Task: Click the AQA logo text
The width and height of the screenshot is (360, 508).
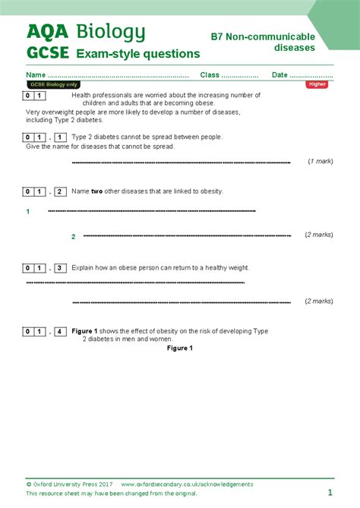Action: [x=46, y=31]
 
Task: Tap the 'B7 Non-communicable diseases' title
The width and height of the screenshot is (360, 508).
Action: [x=262, y=42]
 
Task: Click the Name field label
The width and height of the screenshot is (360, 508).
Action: [x=36, y=74]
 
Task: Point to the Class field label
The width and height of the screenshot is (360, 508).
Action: [x=210, y=74]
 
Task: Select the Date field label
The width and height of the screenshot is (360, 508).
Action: [x=279, y=74]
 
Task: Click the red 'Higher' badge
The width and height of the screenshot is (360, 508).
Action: [x=317, y=84]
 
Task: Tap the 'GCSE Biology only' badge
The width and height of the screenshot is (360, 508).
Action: [x=52, y=84]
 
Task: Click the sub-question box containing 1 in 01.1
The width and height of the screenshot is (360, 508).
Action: [x=61, y=137]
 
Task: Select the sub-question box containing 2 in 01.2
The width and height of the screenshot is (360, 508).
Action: [x=61, y=191]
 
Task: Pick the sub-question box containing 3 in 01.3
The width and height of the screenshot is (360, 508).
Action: [x=61, y=268]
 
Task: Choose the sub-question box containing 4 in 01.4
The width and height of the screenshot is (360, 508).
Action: [x=61, y=332]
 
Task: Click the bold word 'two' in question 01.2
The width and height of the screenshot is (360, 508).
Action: [x=96, y=191]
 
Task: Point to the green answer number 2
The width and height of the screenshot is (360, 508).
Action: [x=74, y=236]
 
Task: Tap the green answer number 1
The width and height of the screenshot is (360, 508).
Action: [x=27, y=211]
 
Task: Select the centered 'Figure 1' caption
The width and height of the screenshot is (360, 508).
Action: [x=180, y=349]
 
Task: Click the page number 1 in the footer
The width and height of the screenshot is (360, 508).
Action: [x=330, y=493]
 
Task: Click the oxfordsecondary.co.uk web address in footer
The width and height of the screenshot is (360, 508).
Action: [x=187, y=484]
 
